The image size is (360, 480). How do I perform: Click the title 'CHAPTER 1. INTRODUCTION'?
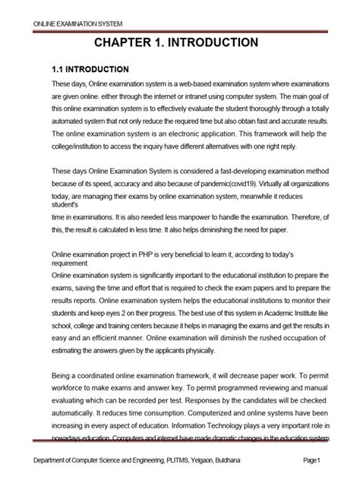[x=180, y=43]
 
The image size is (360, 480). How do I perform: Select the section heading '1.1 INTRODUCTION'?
[x=90, y=68]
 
